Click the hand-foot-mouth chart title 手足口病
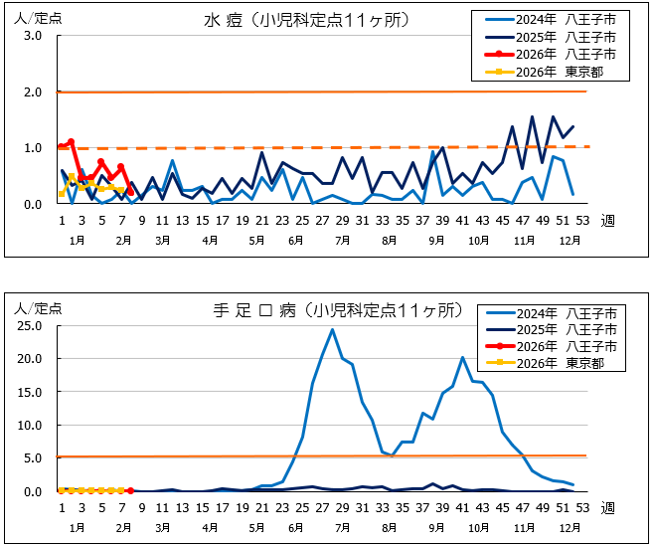click(x=247, y=309)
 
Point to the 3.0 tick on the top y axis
click(x=32, y=36)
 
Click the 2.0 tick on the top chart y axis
click(x=32, y=91)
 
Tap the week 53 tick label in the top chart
click(x=582, y=220)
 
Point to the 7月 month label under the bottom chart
click(x=342, y=527)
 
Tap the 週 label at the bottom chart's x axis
click(x=607, y=507)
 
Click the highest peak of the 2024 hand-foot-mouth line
click(x=332, y=329)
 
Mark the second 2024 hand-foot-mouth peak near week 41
click(x=462, y=357)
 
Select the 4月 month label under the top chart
click(x=211, y=241)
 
